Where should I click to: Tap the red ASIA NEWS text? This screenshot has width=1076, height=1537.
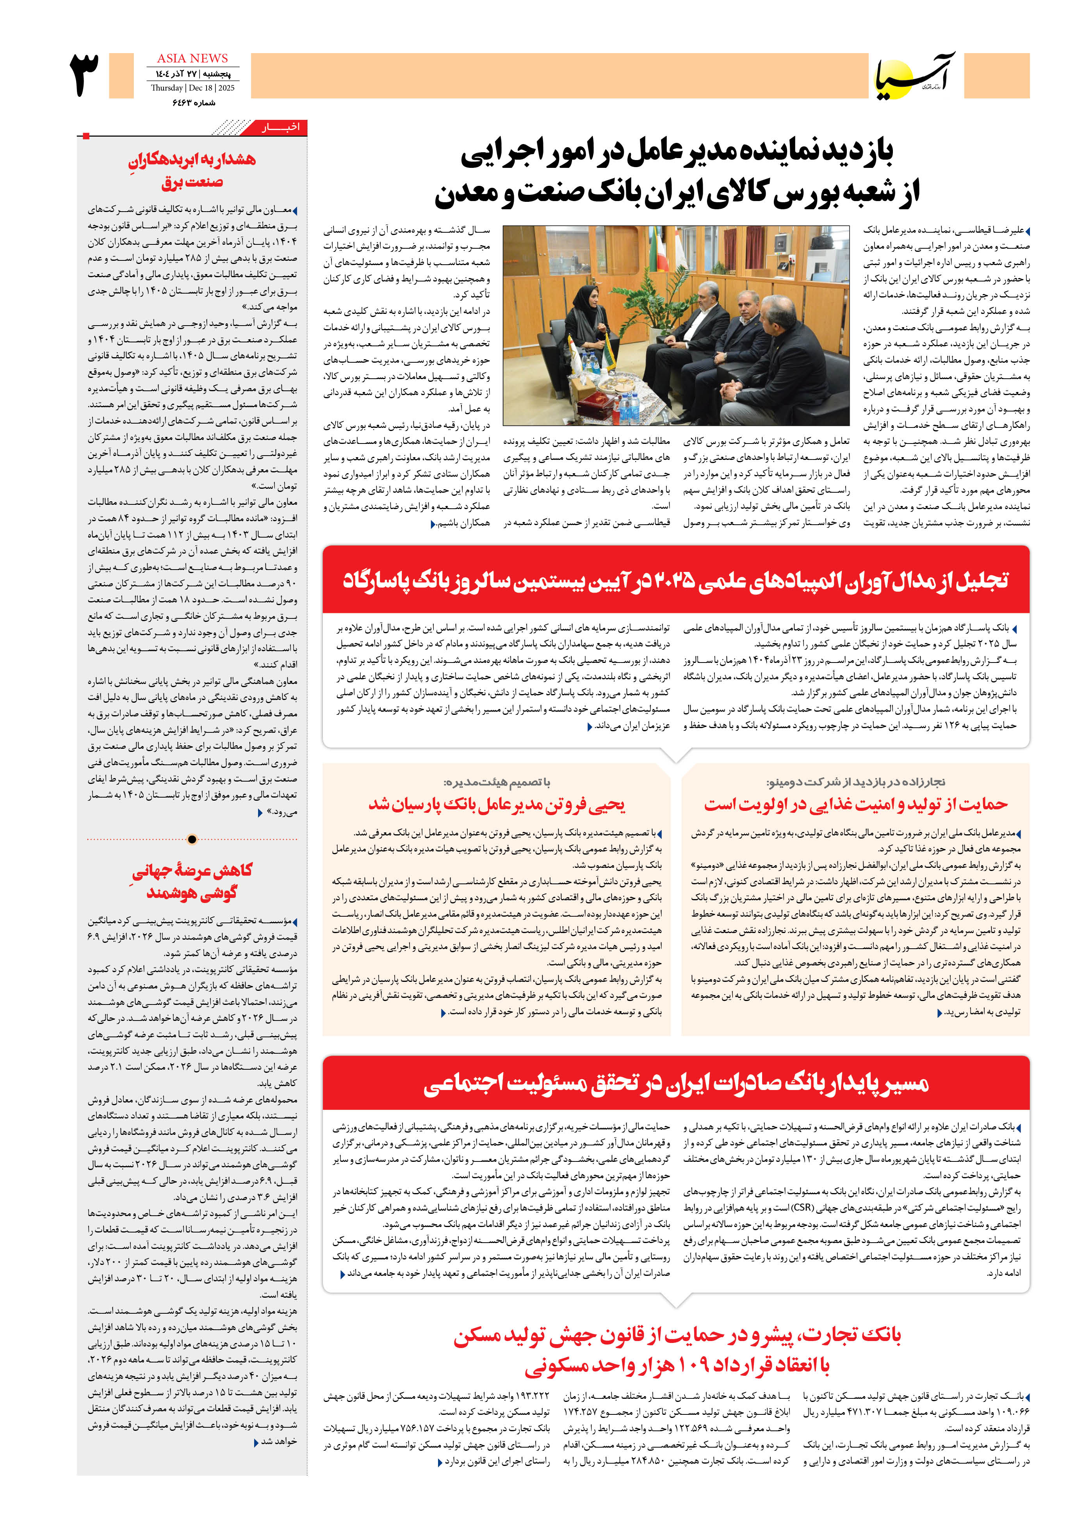pyautogui.click(x=192, y=58)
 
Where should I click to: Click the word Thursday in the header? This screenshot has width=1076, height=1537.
pyautogui.click(x=167, y=88)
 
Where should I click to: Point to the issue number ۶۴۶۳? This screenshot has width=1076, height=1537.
pyautogui.click(x=184, y=102)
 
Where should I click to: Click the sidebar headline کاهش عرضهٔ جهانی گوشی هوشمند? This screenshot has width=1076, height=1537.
pyautogui.click(x=192, y=881)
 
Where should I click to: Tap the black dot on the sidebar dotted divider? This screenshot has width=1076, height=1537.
pyautogui.click(x=192, y=839)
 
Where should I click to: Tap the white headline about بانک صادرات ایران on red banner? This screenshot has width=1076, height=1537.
pyautogui.click(x=675, y=1083)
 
